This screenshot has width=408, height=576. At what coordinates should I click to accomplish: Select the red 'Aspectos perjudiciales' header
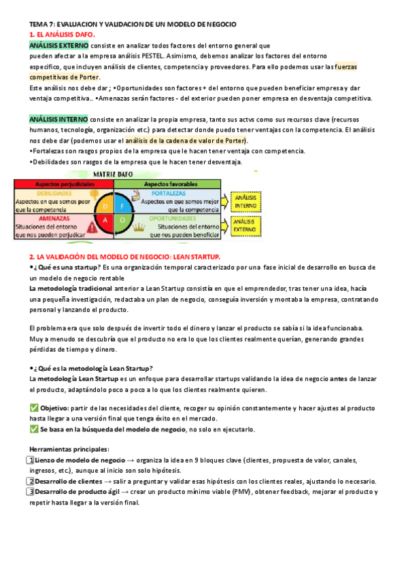tap(53, 184)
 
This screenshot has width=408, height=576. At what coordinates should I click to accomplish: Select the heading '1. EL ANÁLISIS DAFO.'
tap(63, 34)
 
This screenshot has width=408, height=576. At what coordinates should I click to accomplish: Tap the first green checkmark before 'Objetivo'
tap(34, 408)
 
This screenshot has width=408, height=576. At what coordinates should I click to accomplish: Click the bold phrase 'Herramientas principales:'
tap(69, 449)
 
